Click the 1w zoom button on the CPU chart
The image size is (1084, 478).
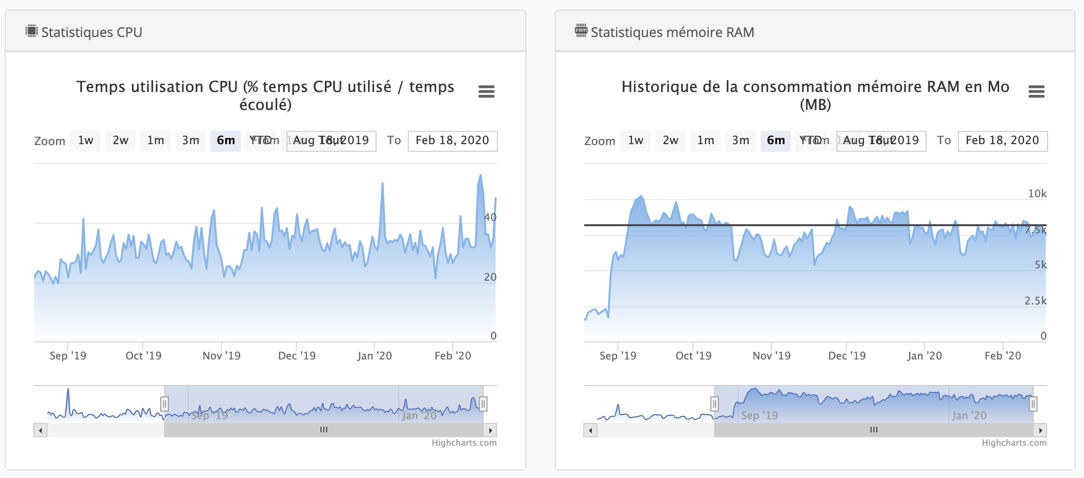click(85, 141)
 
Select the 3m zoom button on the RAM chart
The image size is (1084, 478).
click(740, 141)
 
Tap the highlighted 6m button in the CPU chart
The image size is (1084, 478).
click(226, 141)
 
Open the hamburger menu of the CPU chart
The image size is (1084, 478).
click(486, 92)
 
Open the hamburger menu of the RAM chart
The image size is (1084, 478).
click(1036, 92)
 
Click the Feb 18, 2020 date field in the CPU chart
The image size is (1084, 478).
click(452, 141)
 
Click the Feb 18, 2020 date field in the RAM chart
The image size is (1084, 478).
click(1002, 141)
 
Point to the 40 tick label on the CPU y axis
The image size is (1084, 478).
click(490, 218)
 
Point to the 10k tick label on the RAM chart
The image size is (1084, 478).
click(1037, 194)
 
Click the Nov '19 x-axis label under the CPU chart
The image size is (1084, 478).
click(221, 356)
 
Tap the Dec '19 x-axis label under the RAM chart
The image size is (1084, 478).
click(847, 356)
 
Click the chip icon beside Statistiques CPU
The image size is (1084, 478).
click(31, 31)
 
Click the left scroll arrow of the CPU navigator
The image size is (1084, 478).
click(40, 431)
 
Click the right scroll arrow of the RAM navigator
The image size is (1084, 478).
click(1040, 431)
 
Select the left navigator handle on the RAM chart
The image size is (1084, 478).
click(714, 404)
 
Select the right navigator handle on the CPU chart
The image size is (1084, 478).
click(483, 404)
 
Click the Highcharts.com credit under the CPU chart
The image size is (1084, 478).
click(464, 443)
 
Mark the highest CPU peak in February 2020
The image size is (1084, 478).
click(480, 175)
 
